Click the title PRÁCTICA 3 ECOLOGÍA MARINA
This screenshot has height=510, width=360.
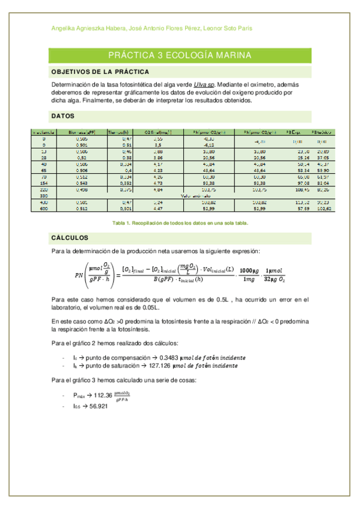tap(180, 56)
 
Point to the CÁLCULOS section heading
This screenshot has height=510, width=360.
tap(70, 238)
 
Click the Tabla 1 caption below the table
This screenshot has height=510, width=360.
tap(180, 223)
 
